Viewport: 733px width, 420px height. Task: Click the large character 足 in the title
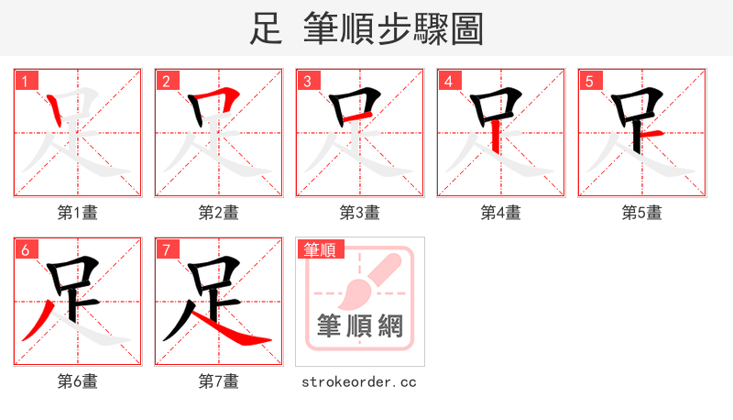click(x=266, y=29)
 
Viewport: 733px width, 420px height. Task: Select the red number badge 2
click(x=167, y=81)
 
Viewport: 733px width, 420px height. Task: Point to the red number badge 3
click(x=308, y=81)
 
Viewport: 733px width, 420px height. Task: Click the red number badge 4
click(x=449, y=81)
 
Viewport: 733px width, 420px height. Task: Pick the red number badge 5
click(x=590, y=81)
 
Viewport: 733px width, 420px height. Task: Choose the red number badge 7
click(x=167, y=249)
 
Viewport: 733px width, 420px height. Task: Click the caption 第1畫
click(x=78, y=213)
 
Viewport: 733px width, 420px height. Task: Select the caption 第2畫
click(x=219, y=213)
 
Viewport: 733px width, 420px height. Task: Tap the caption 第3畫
click(x=360, y=213)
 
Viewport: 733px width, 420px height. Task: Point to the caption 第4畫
click(x=501, y=213)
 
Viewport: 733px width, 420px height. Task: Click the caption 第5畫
click(x=642, y=213)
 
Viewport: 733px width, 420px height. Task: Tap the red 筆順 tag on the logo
click(x=320, y=249)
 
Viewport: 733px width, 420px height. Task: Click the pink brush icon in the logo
click(x=366, y=280)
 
